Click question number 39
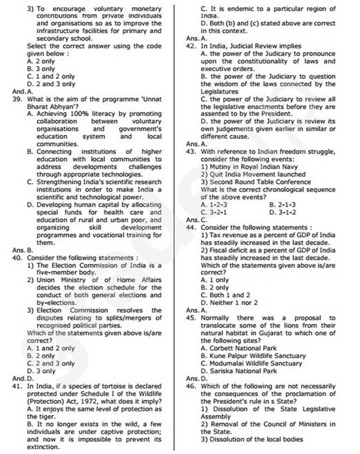[17, 99]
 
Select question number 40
[17, 257]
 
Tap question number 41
[17, 386]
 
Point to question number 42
[191, 47]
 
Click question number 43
[191, 151]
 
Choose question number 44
[191, 227]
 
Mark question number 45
[191, 318]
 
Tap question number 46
[191, 386]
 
